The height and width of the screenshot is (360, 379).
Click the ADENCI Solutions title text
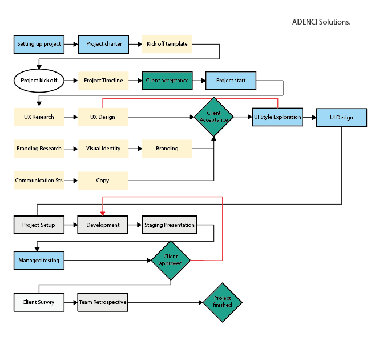click(321, 22)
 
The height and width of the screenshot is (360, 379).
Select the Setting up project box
click(38, 44)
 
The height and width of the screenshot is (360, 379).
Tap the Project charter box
click(103, 44)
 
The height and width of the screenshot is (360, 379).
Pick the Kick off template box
click(167, 44)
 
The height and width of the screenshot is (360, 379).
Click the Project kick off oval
click(39, 81)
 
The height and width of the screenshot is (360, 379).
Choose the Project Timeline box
click(103, 81)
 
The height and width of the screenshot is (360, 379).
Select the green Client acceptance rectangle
click(167, 81)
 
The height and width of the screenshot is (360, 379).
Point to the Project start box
click(231, 81)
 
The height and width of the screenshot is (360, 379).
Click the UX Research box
click(39, 117)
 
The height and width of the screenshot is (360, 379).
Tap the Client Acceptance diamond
click(213, 117)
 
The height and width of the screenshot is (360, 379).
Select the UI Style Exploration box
click(277, 117)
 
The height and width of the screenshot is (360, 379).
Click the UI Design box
click(341, 117)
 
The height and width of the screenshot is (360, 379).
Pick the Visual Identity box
click(103, 149)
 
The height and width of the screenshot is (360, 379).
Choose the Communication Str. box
click(39, 181)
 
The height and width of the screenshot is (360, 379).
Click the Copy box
click(103, 181)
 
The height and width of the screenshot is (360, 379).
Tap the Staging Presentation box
click(169, 225)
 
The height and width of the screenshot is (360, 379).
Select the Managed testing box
click(38, 261)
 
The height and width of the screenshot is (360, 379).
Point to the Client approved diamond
click(171, 261)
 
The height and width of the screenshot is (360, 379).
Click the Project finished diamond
click(222, 302)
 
